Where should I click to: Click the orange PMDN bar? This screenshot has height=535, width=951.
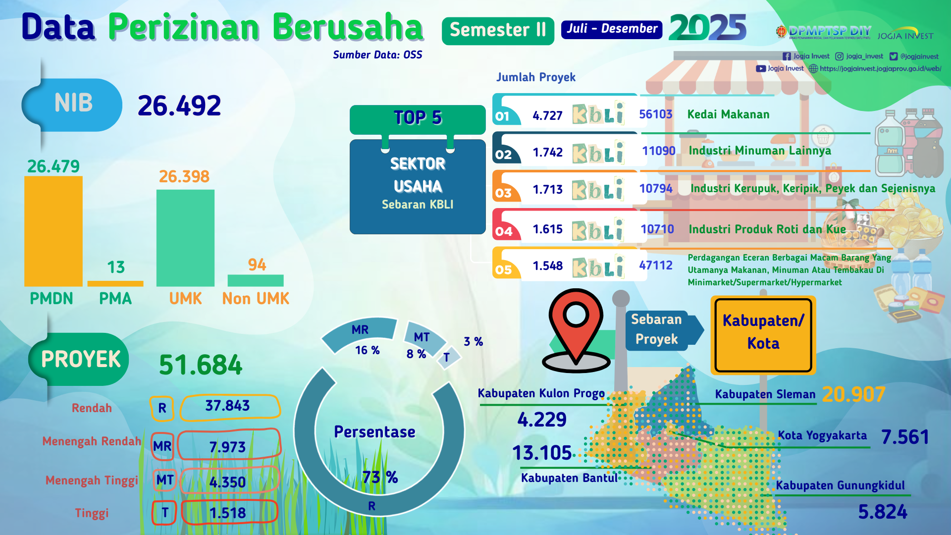point(53,231)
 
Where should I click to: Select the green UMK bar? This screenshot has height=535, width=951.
point(185,238)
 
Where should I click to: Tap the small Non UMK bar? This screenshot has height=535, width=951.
point(256,280)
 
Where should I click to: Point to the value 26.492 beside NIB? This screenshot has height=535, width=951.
point(179,106)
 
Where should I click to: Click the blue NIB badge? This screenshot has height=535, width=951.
point(72,104)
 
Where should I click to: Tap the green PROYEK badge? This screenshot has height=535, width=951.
point(79,359)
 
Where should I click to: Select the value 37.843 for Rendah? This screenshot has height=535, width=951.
point(228,406)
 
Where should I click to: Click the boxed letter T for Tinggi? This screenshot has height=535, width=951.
point(165,513)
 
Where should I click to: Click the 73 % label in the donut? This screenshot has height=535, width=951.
point(380,477)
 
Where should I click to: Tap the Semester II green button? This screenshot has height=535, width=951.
point(498,30)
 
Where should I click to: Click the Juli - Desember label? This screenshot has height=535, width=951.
point(612,29)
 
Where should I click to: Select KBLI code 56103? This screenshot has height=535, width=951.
point(656,114)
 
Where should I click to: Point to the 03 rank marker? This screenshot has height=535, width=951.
point(503,193)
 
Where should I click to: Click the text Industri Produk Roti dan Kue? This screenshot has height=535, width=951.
point(767,229)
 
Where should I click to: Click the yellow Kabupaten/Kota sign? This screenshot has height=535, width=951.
point(763,335)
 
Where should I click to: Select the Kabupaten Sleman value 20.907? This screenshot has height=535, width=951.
point(853,395)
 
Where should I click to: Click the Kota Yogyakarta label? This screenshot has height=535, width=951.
point(822,435)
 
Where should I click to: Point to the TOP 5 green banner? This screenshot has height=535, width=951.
point(418,119)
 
